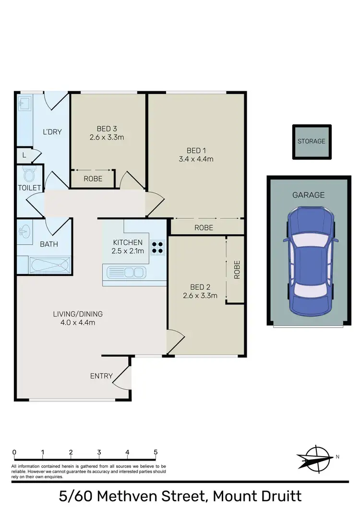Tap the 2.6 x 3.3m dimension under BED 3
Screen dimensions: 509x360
pos(107,137)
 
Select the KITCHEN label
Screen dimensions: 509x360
pos(128,242)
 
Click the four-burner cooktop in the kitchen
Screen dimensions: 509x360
pos(157,247)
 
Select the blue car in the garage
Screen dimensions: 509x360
pos(310,260)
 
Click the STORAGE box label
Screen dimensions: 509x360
pos(311,141)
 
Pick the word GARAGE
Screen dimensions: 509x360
pos(309,195)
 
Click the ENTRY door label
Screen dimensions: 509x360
pos(101,376)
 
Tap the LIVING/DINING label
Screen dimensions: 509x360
pos(78,314)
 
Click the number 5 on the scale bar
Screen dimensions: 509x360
pos(156,452)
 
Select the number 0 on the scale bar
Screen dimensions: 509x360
pos(14,452)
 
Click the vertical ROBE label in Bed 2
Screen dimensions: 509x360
pos(236,270)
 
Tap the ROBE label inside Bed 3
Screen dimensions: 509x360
pos(92,178)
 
